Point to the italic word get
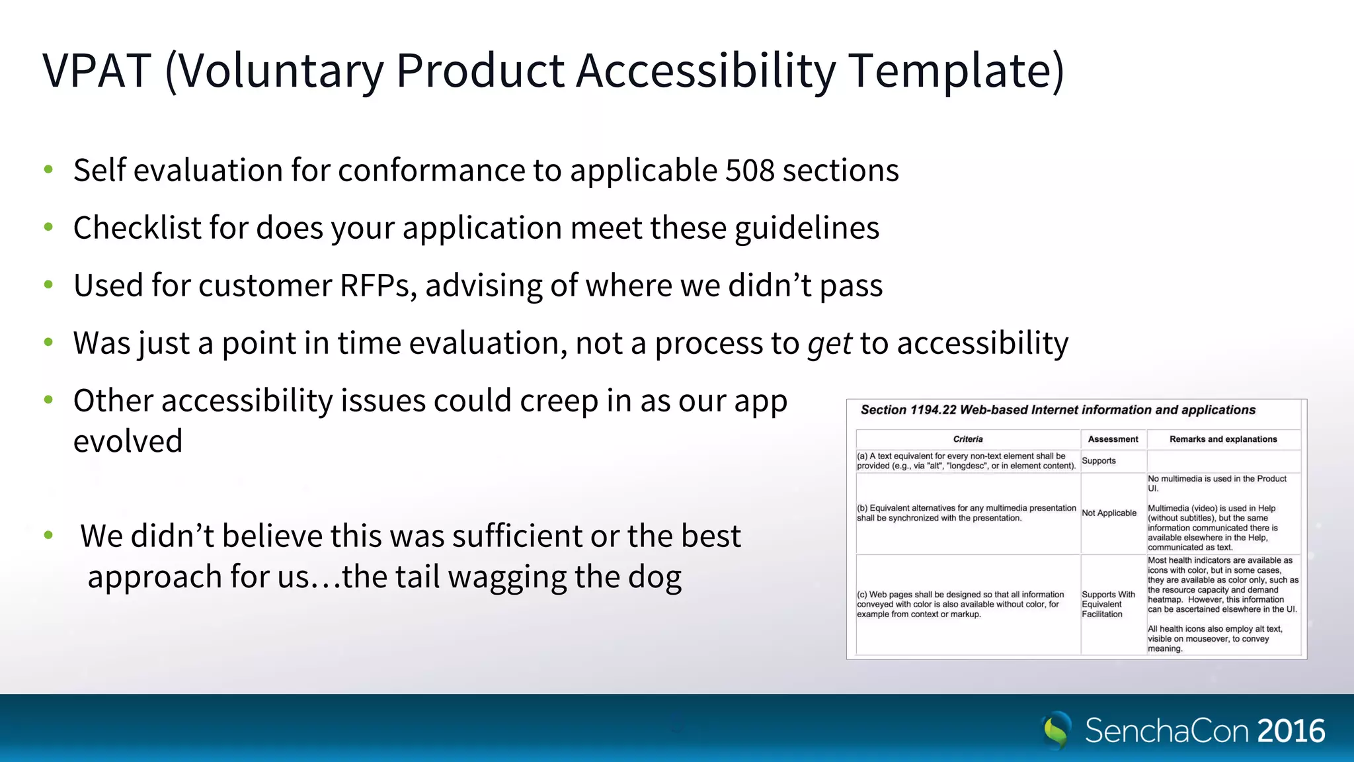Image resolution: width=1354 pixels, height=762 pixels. pos(829,344)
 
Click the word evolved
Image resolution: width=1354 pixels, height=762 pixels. pos(128,441)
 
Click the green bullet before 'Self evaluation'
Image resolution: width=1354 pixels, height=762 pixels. pos(48,170)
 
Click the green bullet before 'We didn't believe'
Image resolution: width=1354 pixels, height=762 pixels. pos(48,535)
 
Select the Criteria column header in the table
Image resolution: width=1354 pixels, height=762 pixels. pos(968,439)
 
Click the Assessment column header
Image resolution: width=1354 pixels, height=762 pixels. pos(1113,439)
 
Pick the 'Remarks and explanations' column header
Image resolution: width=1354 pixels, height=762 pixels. pos(1223,439)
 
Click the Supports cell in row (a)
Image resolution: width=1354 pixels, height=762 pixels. pos(1099,461)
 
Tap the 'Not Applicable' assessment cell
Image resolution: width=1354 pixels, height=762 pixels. pos(1109,513)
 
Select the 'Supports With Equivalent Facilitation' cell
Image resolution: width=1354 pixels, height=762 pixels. pos(1107,604)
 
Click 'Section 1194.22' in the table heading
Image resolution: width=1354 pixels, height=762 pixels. pos(908,410)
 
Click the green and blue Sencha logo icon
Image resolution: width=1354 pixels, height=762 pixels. pos(1056,730)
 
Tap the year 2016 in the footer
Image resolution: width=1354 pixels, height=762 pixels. pos(1291,731)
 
